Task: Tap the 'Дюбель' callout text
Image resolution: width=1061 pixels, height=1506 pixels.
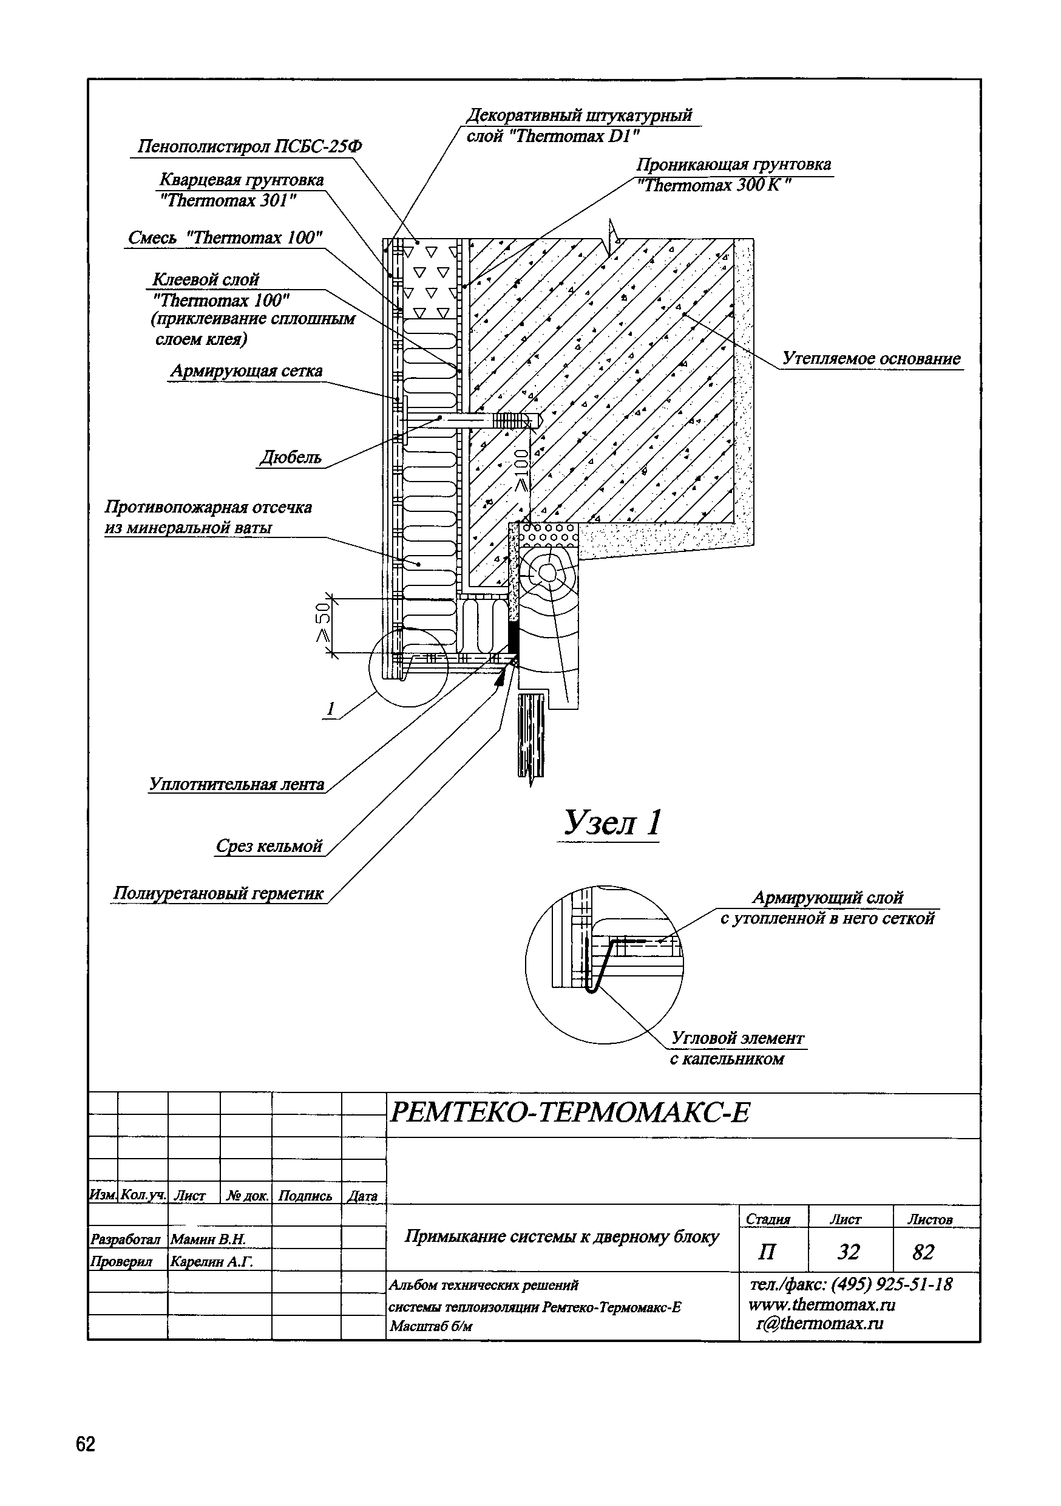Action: coord(291,457)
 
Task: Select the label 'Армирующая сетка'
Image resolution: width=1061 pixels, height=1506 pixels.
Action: coord(246,371)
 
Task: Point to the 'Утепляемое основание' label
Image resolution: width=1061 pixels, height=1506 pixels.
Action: coord(871,358)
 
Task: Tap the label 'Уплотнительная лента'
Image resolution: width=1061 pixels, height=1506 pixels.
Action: coord(237,784)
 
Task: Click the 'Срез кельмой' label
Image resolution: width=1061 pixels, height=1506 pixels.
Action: coord(269,846)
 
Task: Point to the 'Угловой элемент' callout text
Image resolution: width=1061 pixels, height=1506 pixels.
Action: coord(737,1038)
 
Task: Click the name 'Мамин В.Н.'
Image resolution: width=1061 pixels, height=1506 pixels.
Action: coord(208,1239)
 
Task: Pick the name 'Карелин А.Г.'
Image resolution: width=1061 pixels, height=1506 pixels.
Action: coord(211,1261)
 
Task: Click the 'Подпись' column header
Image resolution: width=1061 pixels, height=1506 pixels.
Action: coord(305,1196)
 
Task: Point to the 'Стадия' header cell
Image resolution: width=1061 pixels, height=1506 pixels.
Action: coord(768,1219)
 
